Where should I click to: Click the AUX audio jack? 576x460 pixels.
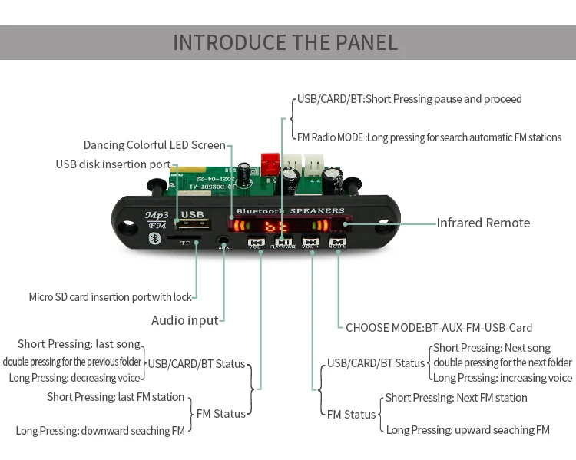point(223,240)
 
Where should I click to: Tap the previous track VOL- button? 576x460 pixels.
point(257,242)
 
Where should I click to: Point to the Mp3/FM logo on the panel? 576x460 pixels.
point(161,218)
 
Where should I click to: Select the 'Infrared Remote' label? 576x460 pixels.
point(483,223)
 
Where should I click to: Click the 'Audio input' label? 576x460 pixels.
point(184,320)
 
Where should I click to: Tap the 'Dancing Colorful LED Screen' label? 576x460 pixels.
point(154,145)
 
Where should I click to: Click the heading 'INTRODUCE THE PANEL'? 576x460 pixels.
point(286,42)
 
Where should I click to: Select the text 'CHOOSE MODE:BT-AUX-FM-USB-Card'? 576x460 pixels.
point(439,327)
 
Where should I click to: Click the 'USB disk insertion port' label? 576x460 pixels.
point(113,164)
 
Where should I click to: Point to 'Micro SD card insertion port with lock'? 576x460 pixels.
point(110,297)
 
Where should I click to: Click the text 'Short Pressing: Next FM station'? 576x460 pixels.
point(456,398)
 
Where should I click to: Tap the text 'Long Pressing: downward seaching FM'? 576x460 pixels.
point(100,431)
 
